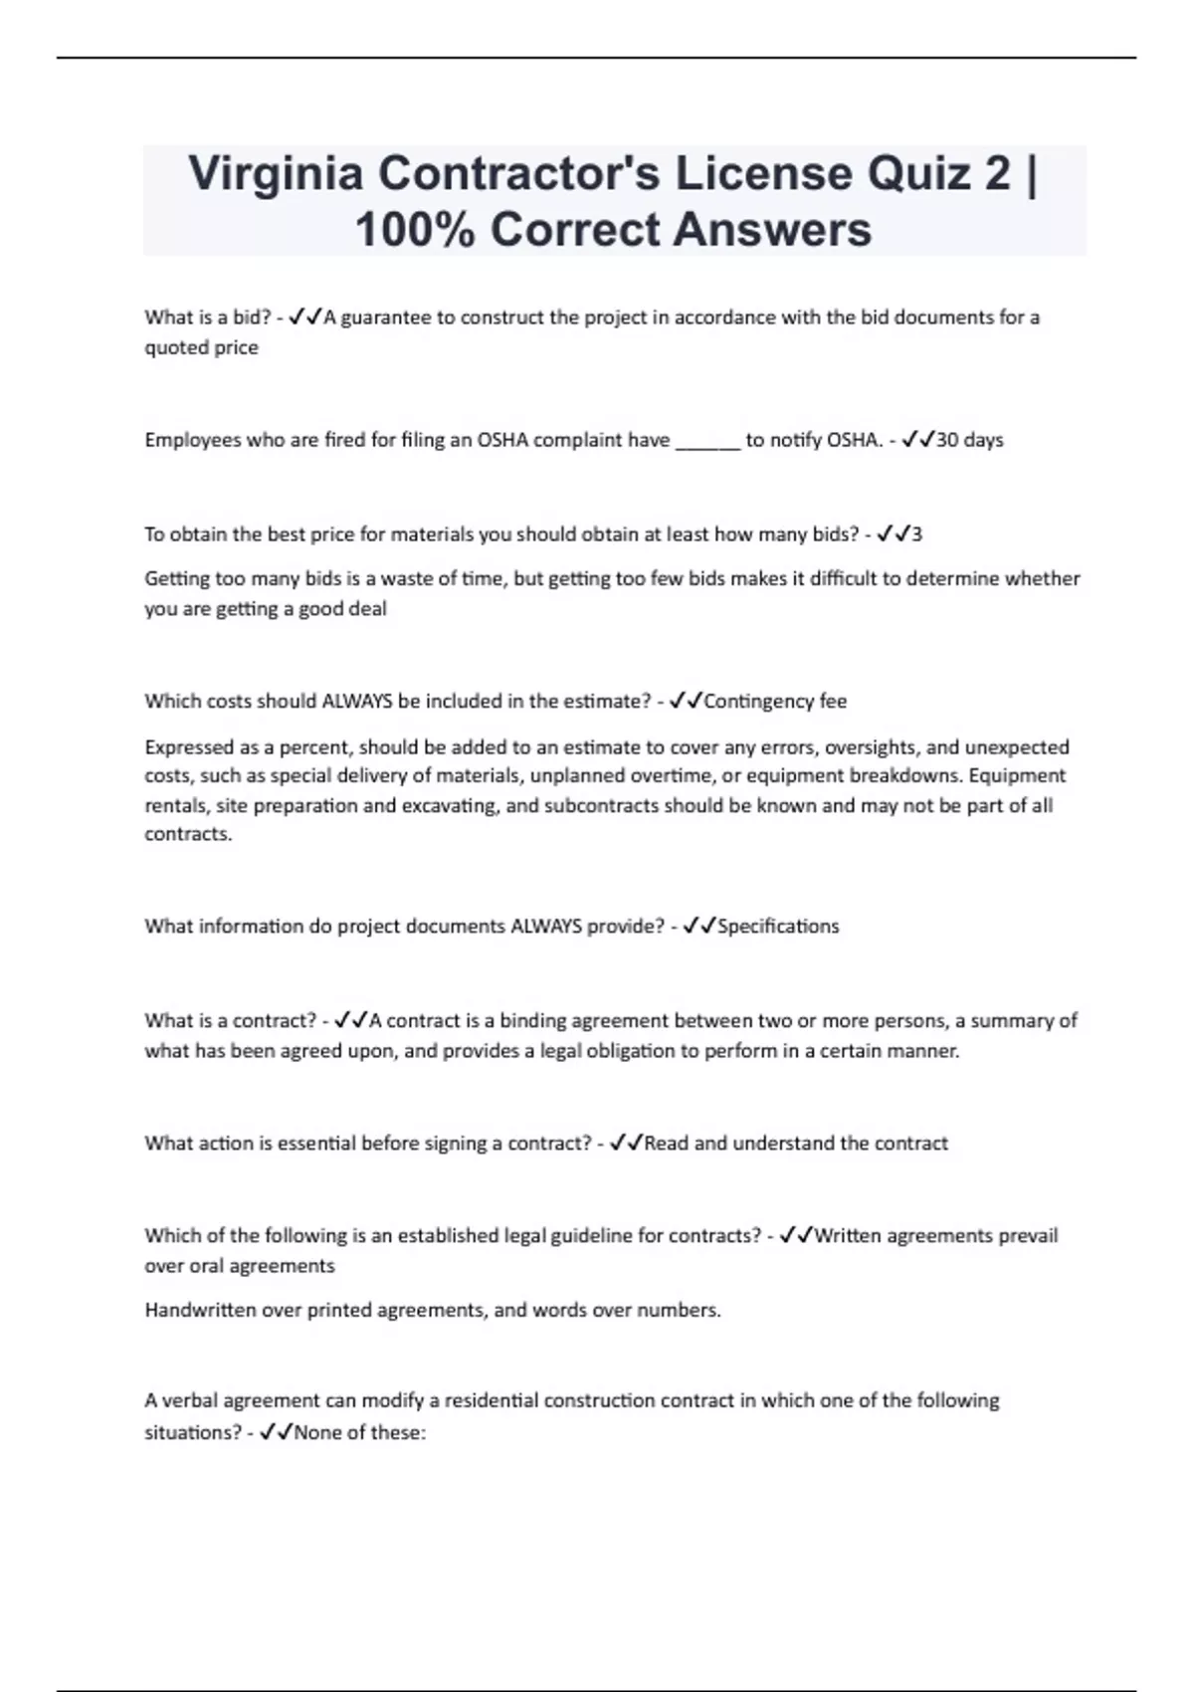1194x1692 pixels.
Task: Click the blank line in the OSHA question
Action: point(707,441)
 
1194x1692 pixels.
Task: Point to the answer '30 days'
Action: point(969,440)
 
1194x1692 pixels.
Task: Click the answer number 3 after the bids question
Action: point(916,534)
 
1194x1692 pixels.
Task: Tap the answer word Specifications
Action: point(778,927)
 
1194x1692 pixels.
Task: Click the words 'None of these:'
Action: point(359,1433)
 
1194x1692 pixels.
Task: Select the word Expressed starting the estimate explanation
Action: point(187,747)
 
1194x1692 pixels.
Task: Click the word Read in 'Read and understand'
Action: point(666,1144)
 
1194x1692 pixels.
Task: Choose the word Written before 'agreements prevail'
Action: point(847,1236)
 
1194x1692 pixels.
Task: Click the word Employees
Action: point(191,441)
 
